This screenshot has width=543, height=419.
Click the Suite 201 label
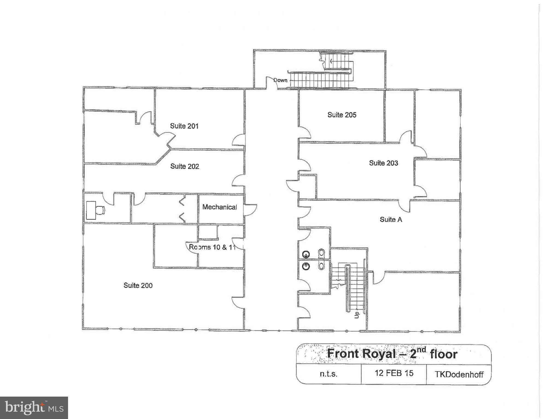pos(184,126)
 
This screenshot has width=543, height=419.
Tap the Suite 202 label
pos(184,166)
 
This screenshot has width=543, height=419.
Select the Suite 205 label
pos(342,115)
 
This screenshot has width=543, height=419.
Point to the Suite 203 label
pos(383,163)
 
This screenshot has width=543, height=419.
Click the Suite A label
pos(391,219)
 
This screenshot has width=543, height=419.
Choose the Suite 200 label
pos(138,285)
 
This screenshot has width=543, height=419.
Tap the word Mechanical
pos(219,207)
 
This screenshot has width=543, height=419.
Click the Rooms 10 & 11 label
pos(212,247)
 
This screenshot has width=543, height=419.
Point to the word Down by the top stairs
pos(280,80)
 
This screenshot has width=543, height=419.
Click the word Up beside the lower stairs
pos(357,315)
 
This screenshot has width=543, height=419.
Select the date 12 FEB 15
pos(394,373)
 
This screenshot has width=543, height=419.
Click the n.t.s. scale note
pos(328,374)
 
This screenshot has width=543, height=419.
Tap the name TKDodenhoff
pos(459,374)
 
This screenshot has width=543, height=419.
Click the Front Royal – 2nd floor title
pos(392,353)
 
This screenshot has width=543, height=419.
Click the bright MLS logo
pos(34,408)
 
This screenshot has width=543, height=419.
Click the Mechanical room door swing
pos(250,210)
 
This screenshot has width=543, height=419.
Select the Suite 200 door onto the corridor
pos(238,303)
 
